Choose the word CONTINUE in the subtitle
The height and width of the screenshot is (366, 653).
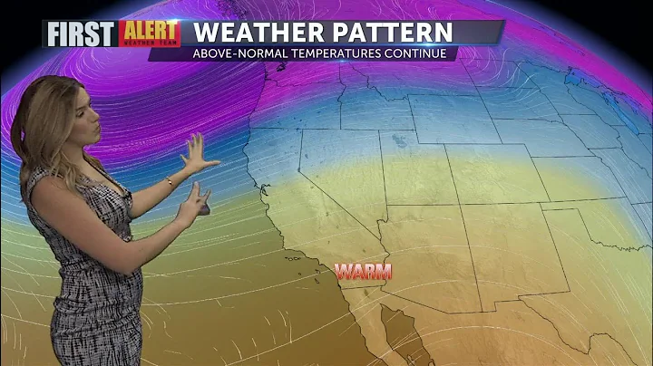418,53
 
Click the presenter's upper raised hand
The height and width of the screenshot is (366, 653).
199,154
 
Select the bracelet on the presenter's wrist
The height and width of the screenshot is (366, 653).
170,182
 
